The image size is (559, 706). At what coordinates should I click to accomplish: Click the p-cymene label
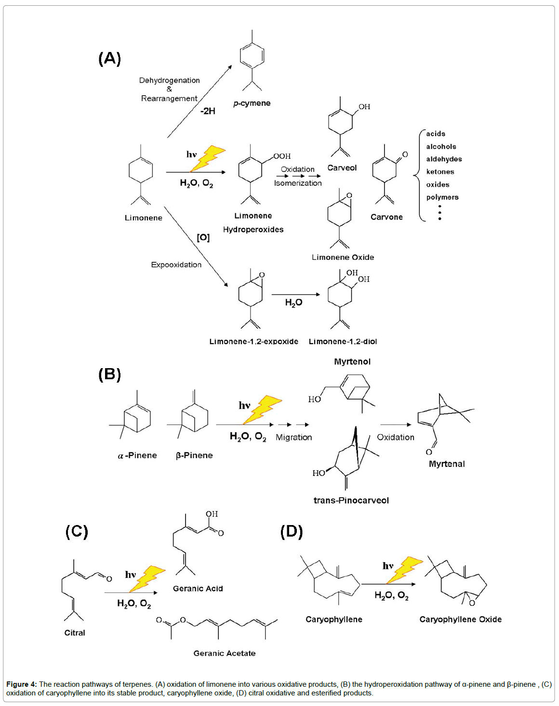pyautogui.click(x=252, y=103)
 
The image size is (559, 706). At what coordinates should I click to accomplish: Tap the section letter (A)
pyautogui.click(x=109, y=59)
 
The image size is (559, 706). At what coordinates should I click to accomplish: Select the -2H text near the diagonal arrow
pyautogui.click(x=208, y=111)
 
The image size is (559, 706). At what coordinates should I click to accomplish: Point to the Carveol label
pyautogui.click(x=342, y=168)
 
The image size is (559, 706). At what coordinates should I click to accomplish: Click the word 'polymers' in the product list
pyautogui.click(x=442, y=197)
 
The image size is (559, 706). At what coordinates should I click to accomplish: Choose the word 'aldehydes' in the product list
pyautogui.click(x=444, y=159)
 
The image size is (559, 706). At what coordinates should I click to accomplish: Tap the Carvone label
pyautogui.click(x=386, y=217)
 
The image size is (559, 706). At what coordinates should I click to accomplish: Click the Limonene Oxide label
pyautogui.click(x=343, y=257)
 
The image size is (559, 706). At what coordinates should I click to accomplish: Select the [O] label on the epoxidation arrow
pyautogui.click(x=203, y=238)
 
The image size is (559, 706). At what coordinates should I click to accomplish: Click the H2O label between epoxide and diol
pyautogui.click(x=293, y=303)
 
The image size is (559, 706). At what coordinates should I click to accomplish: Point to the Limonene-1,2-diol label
pyautogui.click(x=343, y=342)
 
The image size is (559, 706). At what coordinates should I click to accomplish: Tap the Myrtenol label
pyautogui.click(x=352, y=362)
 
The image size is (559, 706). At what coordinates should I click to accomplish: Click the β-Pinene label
pyautogui.click(x=194, y=455)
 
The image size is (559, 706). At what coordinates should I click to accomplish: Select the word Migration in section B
pyautogui.click(x=293, y=437)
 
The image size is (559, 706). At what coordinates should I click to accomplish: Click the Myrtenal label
pyautogui.click(x=447, y=464)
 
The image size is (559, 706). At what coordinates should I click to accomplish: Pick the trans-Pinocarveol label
pyautogui.click(x=351, y=501)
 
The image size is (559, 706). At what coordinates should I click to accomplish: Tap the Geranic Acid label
pyautogui.click(x=198, y=589)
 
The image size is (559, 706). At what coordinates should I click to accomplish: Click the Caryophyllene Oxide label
pyautogui.click(x=460, y=619)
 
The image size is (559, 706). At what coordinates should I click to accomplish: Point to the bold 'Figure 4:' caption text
pyautogui.click(x=21, y=684)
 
